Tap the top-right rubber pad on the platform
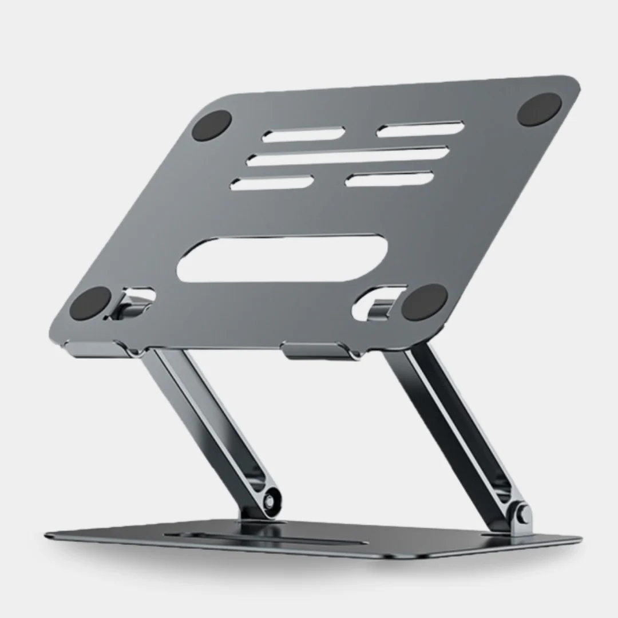click(x=539, y=109)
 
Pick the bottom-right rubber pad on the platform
click(x=424, y=302)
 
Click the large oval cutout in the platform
click(x=282, y=260)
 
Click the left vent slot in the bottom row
click(x=272, y=183)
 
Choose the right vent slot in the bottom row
click(x=389, y=179)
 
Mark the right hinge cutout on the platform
click(x=378, y=302)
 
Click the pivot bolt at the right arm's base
click(x=520, y=514)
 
